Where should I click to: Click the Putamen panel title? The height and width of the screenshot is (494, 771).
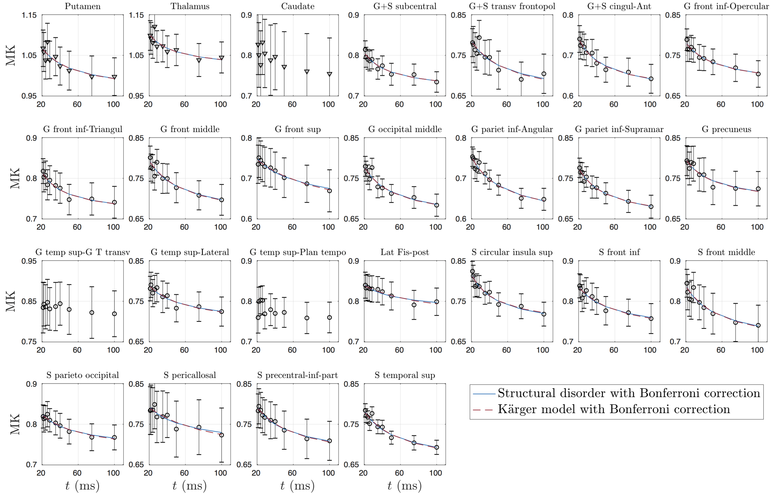[x=82, y=6]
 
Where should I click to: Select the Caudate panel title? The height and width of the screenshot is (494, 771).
[x=297, y=6]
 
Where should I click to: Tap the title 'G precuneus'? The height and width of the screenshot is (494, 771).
[x=726, y=129]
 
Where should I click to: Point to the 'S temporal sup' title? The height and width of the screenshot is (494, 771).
[x=405, y=375]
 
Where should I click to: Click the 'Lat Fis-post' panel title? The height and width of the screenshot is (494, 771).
[x=405, y=252]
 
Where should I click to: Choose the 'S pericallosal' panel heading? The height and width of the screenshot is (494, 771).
[x=190, y=375]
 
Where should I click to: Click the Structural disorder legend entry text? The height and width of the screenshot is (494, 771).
[x=629, y=393]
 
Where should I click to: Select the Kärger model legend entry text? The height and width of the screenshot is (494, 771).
[x=613, y=409]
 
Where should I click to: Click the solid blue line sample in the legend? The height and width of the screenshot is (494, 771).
[x=484, y=393]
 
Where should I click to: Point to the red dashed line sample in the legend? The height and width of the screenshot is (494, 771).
[x=484, y=410]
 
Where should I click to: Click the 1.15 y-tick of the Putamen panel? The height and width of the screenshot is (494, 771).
[x=29, y=15]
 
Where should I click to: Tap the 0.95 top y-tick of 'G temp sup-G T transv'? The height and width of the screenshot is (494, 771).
[x=29, y=261]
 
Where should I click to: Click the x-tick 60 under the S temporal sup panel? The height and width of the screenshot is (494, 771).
[x=399, y=473]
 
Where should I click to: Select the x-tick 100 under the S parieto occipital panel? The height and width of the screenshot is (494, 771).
[x=113, y=473]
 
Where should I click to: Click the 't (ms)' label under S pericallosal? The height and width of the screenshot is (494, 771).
[x=190, y=486]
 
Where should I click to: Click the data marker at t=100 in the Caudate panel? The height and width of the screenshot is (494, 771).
[x=330, y=74]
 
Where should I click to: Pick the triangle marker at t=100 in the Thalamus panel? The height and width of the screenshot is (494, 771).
[x=221, y=58]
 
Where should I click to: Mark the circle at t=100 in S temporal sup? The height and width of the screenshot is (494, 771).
[x=436, y=447]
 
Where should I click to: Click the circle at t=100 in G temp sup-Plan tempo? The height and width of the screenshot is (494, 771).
[x=330, y=318]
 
